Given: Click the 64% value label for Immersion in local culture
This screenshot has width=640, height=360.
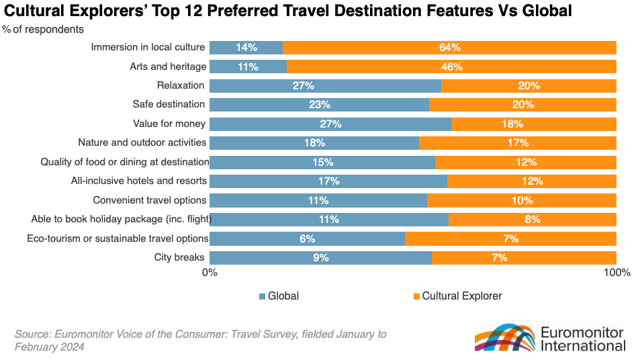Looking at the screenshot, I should click(449, 48).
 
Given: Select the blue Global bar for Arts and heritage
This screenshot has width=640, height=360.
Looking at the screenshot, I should click(248, 66).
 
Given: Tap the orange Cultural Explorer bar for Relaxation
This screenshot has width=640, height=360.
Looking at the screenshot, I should click(529, 86).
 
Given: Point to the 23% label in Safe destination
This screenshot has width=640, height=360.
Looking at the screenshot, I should click(319, 105).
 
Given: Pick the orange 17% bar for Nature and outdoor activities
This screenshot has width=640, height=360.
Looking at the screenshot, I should click(517, 143).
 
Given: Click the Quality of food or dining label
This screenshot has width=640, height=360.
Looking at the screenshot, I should click(125, 162).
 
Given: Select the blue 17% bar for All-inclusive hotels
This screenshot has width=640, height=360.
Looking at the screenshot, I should click(328, 181).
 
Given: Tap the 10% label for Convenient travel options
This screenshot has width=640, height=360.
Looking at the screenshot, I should click(521, 200).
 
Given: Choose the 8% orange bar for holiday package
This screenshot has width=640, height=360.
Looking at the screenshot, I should click(532, 219).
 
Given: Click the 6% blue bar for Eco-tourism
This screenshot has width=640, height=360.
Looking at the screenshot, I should click(307, 238).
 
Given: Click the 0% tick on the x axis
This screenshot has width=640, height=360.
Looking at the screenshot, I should click(210, 273).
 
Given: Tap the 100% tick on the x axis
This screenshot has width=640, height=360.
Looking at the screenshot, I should click(616, 273).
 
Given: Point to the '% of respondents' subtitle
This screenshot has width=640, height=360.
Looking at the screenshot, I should click(43, 30).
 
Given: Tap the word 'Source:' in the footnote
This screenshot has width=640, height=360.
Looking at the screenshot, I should click(32, 334).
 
